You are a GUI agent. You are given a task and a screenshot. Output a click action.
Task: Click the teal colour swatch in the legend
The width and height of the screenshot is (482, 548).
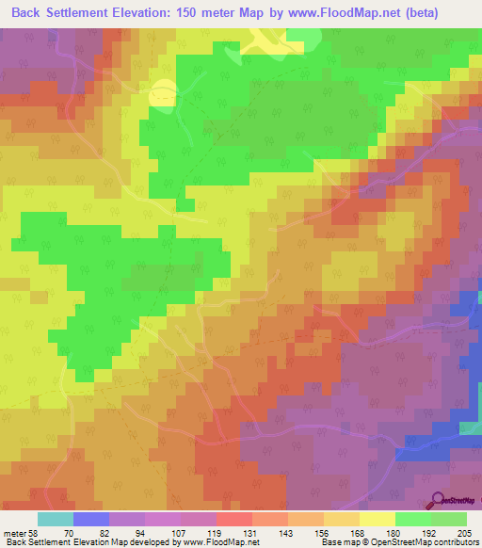pyautogui.click(x=55, y=519)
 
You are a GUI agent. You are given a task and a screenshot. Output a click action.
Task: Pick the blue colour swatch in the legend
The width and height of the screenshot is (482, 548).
pyautogui.click(x=90, y=519)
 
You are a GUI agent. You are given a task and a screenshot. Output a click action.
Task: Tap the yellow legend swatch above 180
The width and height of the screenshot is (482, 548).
pyautogui.click(x=378, y=519)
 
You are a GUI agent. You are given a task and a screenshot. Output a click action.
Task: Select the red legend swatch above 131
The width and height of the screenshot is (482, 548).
pyautogui.click(x=233, y=519)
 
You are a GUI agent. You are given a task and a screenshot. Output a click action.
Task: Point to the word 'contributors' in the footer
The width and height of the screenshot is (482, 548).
pyautogui.click(x=454, y=542)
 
